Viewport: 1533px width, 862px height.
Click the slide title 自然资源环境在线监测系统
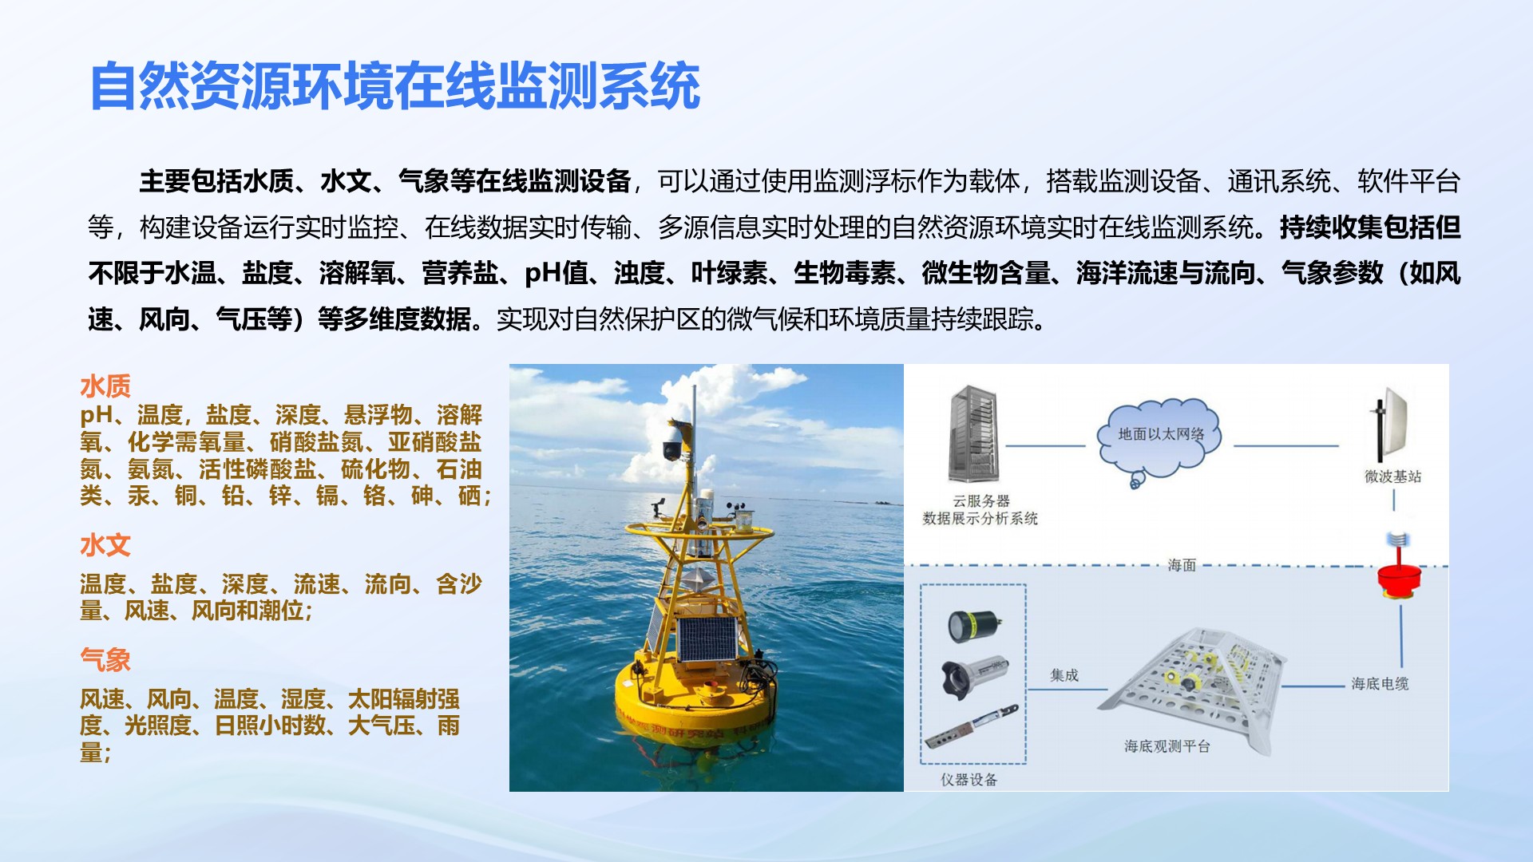click(395, 85)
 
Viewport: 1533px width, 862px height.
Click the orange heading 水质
click(105, 386)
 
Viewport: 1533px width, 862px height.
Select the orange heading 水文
click(105, 545)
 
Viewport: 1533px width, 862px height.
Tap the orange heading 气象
click(105, 659)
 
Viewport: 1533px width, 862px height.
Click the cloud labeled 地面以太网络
click(1160, 437)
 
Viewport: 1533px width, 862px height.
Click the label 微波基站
click(1392, 476)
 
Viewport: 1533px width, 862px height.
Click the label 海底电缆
click(1380, 683)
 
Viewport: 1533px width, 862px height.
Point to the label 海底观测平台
click(1167, 746)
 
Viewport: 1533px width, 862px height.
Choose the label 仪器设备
click(969, 780)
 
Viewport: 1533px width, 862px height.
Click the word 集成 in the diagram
click(1064, 675)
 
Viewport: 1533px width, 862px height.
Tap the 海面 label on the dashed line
click(1182, 565)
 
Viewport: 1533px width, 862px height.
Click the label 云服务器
click(981, 501)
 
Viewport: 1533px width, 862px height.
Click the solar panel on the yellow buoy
click(707, 639)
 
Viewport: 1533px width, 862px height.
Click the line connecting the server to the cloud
click(1045, 446)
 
